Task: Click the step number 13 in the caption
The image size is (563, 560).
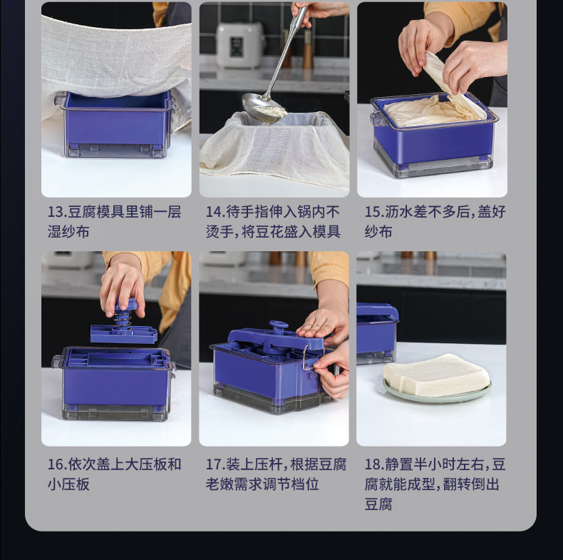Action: point(56,212)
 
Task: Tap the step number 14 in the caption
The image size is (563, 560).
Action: point(215,212)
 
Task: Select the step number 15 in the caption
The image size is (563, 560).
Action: point(373,212)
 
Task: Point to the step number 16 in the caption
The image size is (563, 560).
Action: point(56,464)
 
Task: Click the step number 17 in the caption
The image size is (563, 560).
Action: point(215,464)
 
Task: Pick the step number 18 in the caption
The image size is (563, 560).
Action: point(373,464)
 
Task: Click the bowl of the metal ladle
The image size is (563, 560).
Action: point(263,107)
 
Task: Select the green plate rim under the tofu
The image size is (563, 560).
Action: point(437,397)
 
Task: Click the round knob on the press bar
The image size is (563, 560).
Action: point(279,325)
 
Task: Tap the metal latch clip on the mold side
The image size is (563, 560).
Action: point(306,357)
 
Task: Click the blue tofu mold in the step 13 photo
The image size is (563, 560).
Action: point(115,124)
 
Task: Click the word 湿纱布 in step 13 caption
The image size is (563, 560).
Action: point(68,232)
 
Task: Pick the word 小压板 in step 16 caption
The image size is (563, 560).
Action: point(68,484)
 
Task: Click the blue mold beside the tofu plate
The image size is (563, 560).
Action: point(377,332)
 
